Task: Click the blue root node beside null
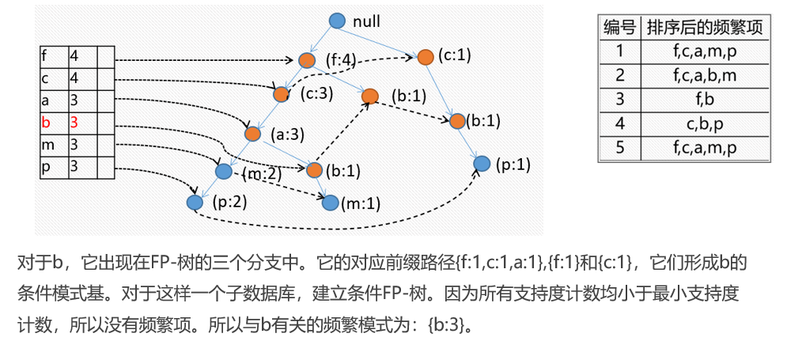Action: tap(336, 21)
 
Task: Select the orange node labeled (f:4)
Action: tap(307, 60)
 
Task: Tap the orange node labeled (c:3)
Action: tap(281, 94)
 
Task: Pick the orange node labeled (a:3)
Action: tap(252, 134)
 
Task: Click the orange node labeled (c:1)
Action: tap(425, 56)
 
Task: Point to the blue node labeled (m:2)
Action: tap(223, 170)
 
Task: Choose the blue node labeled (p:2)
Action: tap(195, 202)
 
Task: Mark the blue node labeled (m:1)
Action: tap(331, 203)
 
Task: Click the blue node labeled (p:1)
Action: tap(481, 164)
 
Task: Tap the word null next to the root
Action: tap(368, 22)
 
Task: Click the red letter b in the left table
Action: tap(46, 123)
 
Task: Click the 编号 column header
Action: tap(619, 28)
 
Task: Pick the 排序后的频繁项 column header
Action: tap(704, 28)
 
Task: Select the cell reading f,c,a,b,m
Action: tap(704, 76)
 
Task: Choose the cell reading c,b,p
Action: tap(704, 124)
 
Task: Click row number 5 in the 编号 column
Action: tap(619, 148)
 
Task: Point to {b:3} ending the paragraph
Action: tap(448, 325)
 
